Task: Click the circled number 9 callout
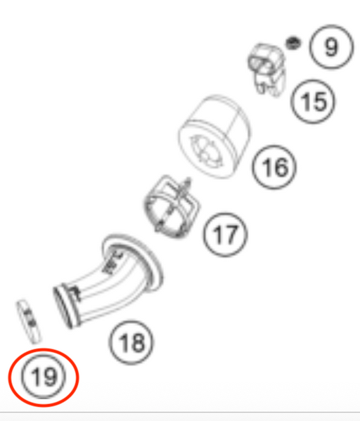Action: pyautogui.click(x=331, y=46)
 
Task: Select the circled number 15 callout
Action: pyautogui.click(x=313, y=101)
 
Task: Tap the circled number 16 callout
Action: pyautogui.click(x=274, y=167)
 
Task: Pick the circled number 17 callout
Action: pyautogui.click(x=226, y=235)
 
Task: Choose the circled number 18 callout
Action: pyautogui.click(x=131, y=342)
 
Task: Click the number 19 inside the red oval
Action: pyautogui.click(x=44, y=377)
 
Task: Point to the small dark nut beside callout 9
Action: pyautogui.click(x=293, y=44)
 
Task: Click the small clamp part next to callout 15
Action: pyautogui.click(x=266, y=70)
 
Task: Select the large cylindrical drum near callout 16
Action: pyautogui.click(x=214, y=136)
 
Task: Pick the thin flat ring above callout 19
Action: pyautogui.click(x=29, y=321)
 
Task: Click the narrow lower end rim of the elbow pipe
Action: pyautogui.click(x=65, y=307)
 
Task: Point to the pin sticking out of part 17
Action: pyautogui.click(x=186, y=187)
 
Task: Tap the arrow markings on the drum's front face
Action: pyautogui.click(x=206, y=150)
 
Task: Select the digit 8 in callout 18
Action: pyautogui.click(x=139, y=342)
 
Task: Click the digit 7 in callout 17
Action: pyautogui.click(x=231, y=235)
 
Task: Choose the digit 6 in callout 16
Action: pyautogui.click(x=281, y=167)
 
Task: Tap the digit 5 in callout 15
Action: pyautogui.click(x=320, y=102)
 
